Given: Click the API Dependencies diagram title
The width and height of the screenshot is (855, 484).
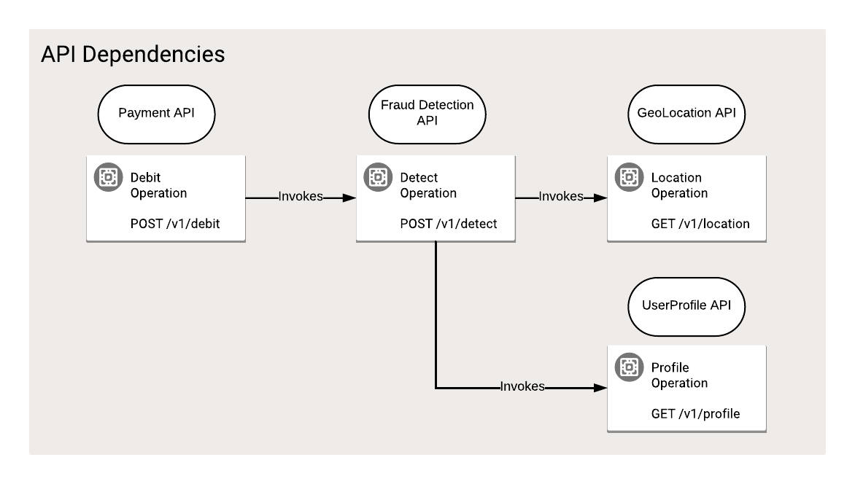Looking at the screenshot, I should (x=133, y=55).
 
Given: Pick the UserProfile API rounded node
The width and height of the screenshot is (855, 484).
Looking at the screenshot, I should (x=686, y=305).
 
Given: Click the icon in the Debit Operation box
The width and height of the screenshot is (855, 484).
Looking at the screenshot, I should (x=109, y=177).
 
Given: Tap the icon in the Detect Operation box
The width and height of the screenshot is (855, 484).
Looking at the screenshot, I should (x=378, y=177).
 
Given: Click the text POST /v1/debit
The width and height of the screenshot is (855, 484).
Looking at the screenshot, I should (x=174, y=224).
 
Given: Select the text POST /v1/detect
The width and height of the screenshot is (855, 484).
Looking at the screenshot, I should (x=448, y=224).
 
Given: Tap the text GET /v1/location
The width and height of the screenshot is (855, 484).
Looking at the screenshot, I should (x=700, y=224).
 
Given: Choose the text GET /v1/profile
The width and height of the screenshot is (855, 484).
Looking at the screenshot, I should (x=695, y=414).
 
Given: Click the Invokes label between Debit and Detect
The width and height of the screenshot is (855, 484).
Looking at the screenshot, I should (x=301, y=197).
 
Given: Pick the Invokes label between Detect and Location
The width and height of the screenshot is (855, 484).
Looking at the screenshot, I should (x=560, y=197).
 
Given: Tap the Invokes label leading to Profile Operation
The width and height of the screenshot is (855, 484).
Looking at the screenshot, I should (x=522, y=387).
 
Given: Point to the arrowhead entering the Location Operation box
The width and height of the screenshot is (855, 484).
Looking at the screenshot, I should (x=601, y=197).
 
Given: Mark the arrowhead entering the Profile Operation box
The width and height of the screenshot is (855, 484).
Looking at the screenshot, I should (x=601, y=387).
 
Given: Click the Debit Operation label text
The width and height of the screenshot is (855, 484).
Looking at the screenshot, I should (x=158, y=185).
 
